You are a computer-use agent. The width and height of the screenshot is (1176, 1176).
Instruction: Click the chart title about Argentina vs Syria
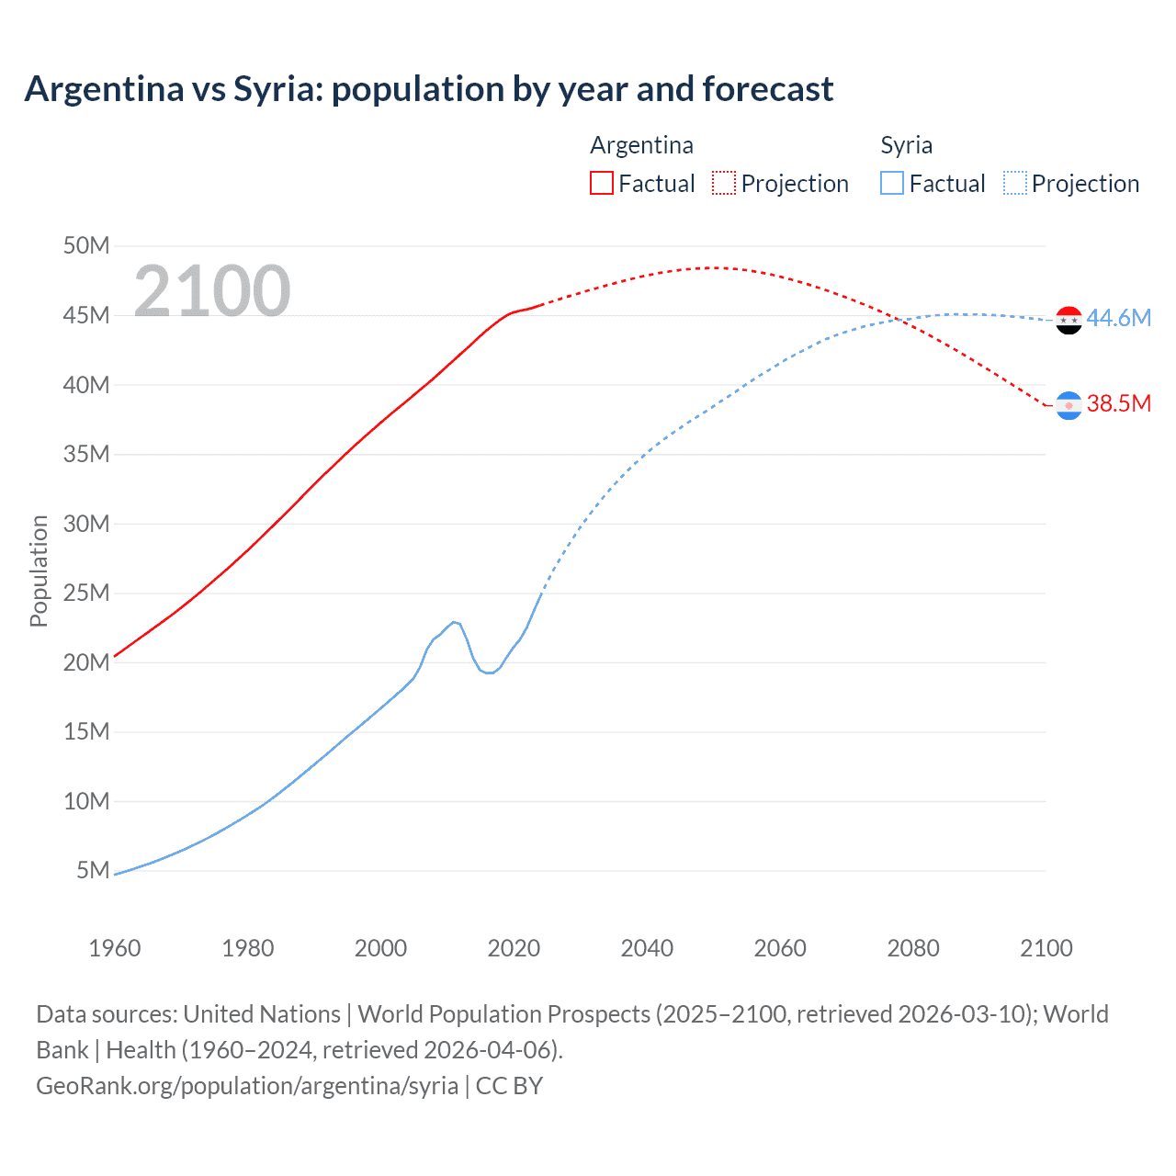coord(429,89)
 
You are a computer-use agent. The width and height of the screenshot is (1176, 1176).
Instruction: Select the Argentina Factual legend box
coord(602,183)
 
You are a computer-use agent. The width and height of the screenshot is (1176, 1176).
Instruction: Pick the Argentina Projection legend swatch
coord(724,183)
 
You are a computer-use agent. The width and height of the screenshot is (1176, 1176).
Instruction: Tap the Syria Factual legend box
coord(892,183)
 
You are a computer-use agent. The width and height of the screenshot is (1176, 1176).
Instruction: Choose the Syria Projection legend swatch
coord(1015,183)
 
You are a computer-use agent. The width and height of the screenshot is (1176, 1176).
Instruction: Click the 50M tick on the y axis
coord(86,245)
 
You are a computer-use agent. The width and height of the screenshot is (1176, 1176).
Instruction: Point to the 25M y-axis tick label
coord(86,593)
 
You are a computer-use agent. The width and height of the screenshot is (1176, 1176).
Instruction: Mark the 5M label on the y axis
coord(93,870)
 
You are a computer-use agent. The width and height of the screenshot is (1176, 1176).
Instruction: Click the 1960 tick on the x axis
coord(115,948)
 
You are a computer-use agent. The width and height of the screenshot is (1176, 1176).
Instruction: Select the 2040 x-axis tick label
coord(647,948)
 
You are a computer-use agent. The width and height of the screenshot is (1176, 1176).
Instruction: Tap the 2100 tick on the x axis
coord(1046,948)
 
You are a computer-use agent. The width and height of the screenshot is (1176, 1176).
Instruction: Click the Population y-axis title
coord(39,571)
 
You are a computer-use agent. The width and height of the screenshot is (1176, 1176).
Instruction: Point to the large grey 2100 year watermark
coord(212,291)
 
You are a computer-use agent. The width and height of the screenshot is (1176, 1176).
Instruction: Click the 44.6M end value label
coord(1118,318)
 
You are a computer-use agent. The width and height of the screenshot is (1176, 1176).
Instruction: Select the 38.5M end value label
coord(1118,403)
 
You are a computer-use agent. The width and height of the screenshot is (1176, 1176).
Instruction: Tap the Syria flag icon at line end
coord(1069,321)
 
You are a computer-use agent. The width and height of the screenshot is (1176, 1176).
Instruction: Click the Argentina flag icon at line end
coord(1069,405)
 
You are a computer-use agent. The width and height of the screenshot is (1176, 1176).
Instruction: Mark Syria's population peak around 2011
coord(454,622)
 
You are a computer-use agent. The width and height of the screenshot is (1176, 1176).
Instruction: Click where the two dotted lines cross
coord(898,320)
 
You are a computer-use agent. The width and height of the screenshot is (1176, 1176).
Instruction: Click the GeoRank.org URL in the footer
coord(247,1086)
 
